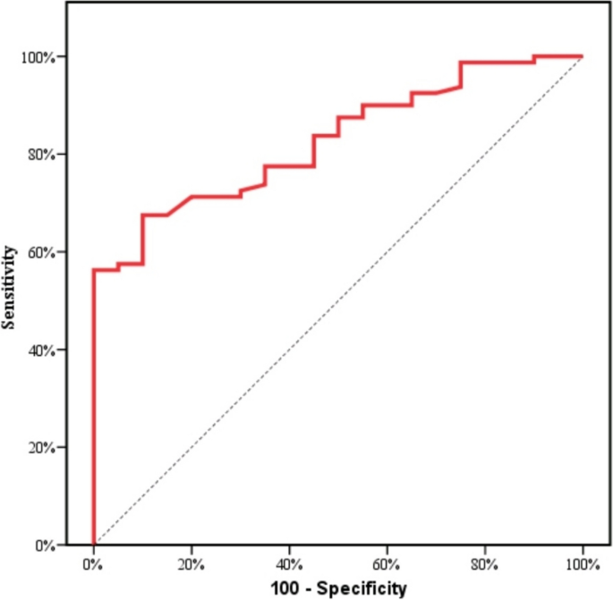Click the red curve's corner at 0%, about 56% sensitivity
(94, 269)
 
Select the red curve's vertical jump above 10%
(142, 240)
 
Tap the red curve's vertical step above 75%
(460, 75)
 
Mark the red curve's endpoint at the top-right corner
(582, 57)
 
